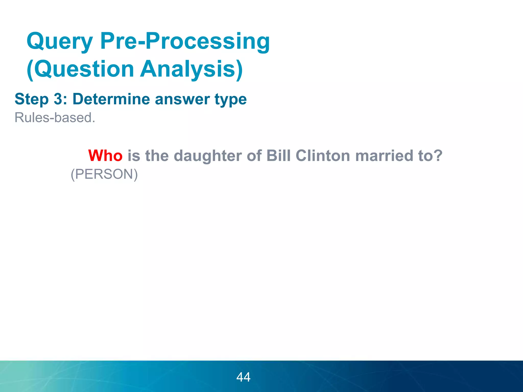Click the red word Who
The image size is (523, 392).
pyautogui.click(x=105, y=156)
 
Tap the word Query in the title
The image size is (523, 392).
pyautogui.click(x=60, y=41)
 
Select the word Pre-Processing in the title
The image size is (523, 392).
pyautogui.click(x=185, y=41)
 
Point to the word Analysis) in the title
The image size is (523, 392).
pyautogui.click(x=192, y=69)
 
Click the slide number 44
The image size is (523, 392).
pyautogui.click(x=243, y=377)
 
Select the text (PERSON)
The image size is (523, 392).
pyautogui.click(x=104, y=174)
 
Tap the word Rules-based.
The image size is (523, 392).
pyautogui.click(x=55, y=118)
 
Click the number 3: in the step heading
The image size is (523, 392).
pyautogui.click(x=61, y=99)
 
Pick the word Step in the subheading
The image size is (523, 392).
pyautogui.click(x=32, y=99)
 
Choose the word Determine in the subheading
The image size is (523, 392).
pyautogui.click(x=111, y=99)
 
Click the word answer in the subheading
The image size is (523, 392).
pyautogui.click(x=182, y=99)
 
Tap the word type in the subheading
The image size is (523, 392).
pyautogui.click(x=231, y=100)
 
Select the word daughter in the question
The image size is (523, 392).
pyautogui.click(x=208, y=156)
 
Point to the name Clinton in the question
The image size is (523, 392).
pyautogui.click(x=323, y=156)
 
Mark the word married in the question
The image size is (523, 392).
pyautogui.click(x=384, y=156)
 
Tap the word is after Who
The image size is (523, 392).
pyautogui.click(x=134, y=156)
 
